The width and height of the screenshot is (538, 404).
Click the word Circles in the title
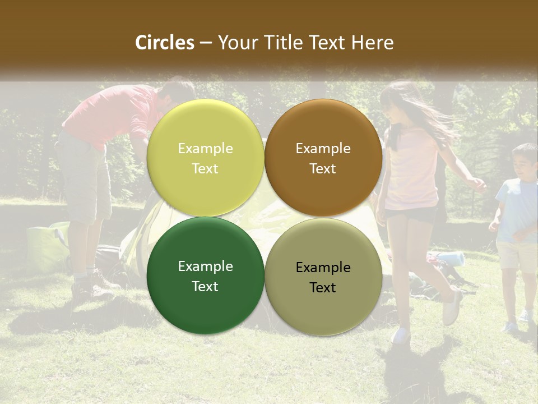pos(165,43)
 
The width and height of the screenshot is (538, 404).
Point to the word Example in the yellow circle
pos(205,149)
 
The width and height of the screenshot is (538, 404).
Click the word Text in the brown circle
pos(323,169)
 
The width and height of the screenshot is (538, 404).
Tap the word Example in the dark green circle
pos(205,267)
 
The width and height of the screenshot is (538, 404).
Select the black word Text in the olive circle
pos(323,288)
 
